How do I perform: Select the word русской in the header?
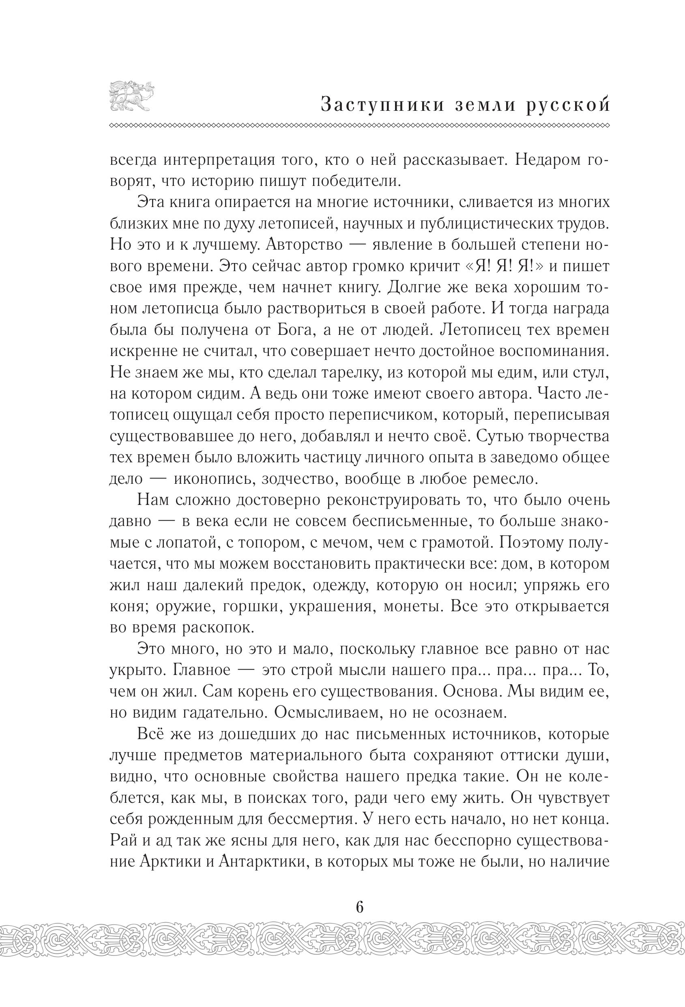pos(568,105)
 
